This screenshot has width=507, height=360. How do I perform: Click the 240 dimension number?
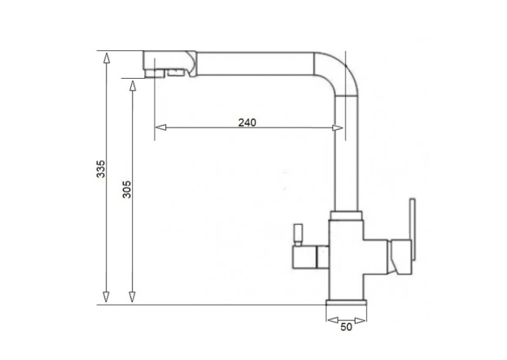247,123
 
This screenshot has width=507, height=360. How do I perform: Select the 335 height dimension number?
101,168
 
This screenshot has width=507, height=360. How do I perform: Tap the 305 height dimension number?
127,190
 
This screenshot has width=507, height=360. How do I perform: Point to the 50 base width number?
346,327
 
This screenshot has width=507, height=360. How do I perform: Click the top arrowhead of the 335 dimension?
107,57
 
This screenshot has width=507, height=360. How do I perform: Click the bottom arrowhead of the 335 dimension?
106,297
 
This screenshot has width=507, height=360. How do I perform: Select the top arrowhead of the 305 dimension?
132,85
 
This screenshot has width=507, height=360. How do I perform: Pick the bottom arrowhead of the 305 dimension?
132,297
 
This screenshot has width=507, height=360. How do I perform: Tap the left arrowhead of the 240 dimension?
161,127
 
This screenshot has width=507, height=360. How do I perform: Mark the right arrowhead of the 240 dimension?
338,128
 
